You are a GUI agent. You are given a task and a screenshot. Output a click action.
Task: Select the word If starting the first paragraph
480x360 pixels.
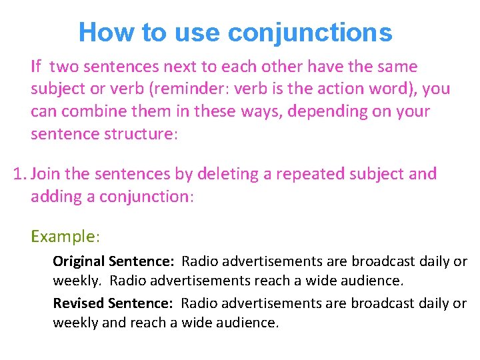36,67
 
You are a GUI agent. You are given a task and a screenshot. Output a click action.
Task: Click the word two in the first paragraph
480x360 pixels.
64,67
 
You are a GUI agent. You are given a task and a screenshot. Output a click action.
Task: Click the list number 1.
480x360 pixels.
19,174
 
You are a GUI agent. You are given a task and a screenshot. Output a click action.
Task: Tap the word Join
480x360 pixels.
46,174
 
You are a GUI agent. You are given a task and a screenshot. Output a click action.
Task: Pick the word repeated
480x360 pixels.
293,175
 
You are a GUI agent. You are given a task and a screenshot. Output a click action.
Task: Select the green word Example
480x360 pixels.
63,237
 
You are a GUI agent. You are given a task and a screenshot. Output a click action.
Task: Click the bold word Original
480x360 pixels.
79,261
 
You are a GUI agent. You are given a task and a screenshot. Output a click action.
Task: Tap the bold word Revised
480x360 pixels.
77,303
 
